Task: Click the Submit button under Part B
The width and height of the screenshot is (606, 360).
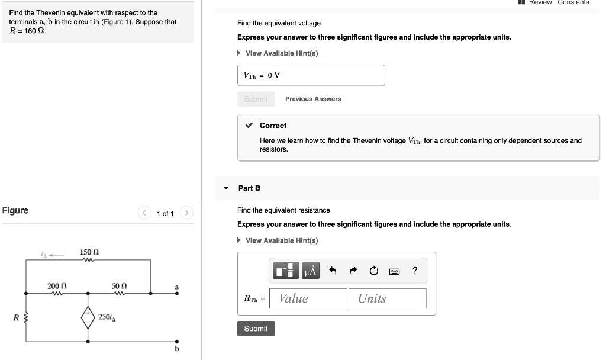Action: click(256, 329)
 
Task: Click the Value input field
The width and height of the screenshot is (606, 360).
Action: click(308, 298)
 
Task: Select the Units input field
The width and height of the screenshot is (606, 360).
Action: click(387, 298)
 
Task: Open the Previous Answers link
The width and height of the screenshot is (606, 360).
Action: click(313, 99)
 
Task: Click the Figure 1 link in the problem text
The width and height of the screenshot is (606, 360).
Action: click(116, 22)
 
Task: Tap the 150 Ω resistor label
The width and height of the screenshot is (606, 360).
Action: click(89, 253)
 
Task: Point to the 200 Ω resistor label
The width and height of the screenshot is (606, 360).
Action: click(57, 286)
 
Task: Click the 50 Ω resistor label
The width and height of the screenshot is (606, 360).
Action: click(120, 286)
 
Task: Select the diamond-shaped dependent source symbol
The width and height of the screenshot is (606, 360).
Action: click(89, 317)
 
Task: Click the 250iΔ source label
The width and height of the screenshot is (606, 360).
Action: click(107, 317)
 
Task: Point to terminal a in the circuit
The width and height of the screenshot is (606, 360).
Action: click(176, 292)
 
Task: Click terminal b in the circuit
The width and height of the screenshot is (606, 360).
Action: click(176, 342)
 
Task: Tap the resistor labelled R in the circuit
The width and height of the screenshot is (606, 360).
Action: click(25, 317)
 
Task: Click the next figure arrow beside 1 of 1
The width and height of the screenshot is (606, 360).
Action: click(186, 213)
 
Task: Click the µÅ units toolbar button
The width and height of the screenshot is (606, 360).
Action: click(311, 271)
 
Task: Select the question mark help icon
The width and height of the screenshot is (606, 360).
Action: click(415, 271)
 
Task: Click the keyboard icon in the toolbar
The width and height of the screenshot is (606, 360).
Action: click(394, 271)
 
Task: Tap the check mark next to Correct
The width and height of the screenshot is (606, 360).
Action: click(250, 126)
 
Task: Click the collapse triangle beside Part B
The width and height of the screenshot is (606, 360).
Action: click(225, 188)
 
